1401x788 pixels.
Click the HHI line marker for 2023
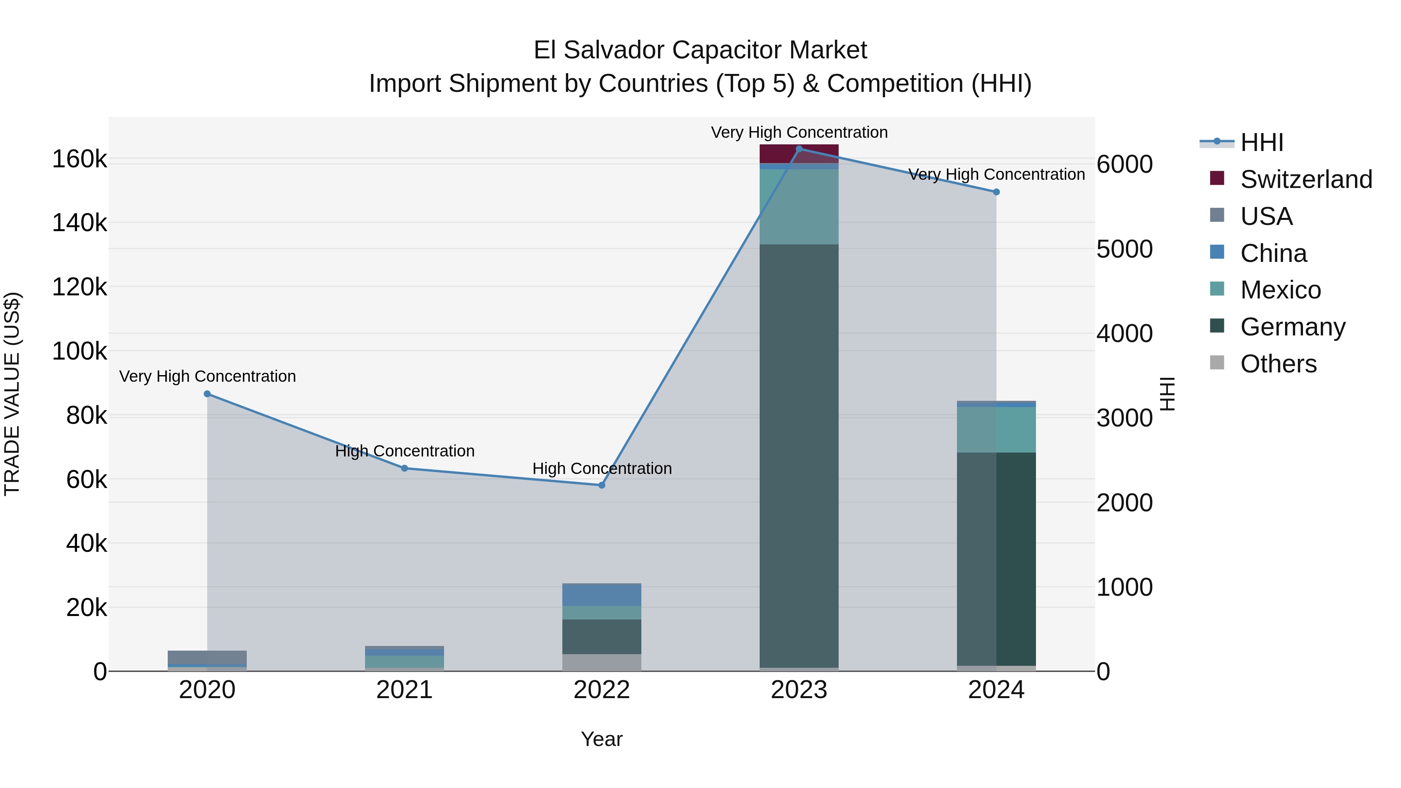[799, 149]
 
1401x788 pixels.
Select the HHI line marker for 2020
[207, 394]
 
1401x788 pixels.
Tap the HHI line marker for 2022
[602, 485]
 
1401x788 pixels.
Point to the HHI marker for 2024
[996, 192]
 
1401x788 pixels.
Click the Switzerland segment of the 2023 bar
[799, 154]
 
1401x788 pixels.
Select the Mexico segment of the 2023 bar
[799, 207]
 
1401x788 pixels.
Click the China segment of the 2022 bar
[602, 594]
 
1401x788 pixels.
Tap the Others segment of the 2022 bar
[602, 662]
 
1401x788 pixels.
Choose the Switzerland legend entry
[1305, 179]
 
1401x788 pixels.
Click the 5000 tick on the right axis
[1124, 249]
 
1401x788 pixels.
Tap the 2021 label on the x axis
[404, 690]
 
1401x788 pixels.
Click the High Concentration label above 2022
[602, 468]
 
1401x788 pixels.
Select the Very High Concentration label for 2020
[207, 376]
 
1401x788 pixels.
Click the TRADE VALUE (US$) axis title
[12, 394]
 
